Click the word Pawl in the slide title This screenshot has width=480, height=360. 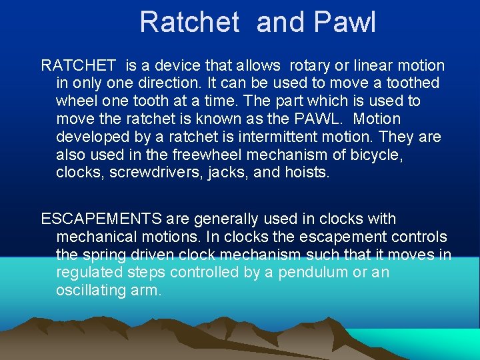coord(345,22)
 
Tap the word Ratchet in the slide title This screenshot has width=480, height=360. coord(189,22)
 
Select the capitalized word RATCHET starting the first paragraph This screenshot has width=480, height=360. coord(79,65)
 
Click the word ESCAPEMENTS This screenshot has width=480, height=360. coord(101,219)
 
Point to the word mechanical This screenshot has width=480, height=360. coord(99,237)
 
